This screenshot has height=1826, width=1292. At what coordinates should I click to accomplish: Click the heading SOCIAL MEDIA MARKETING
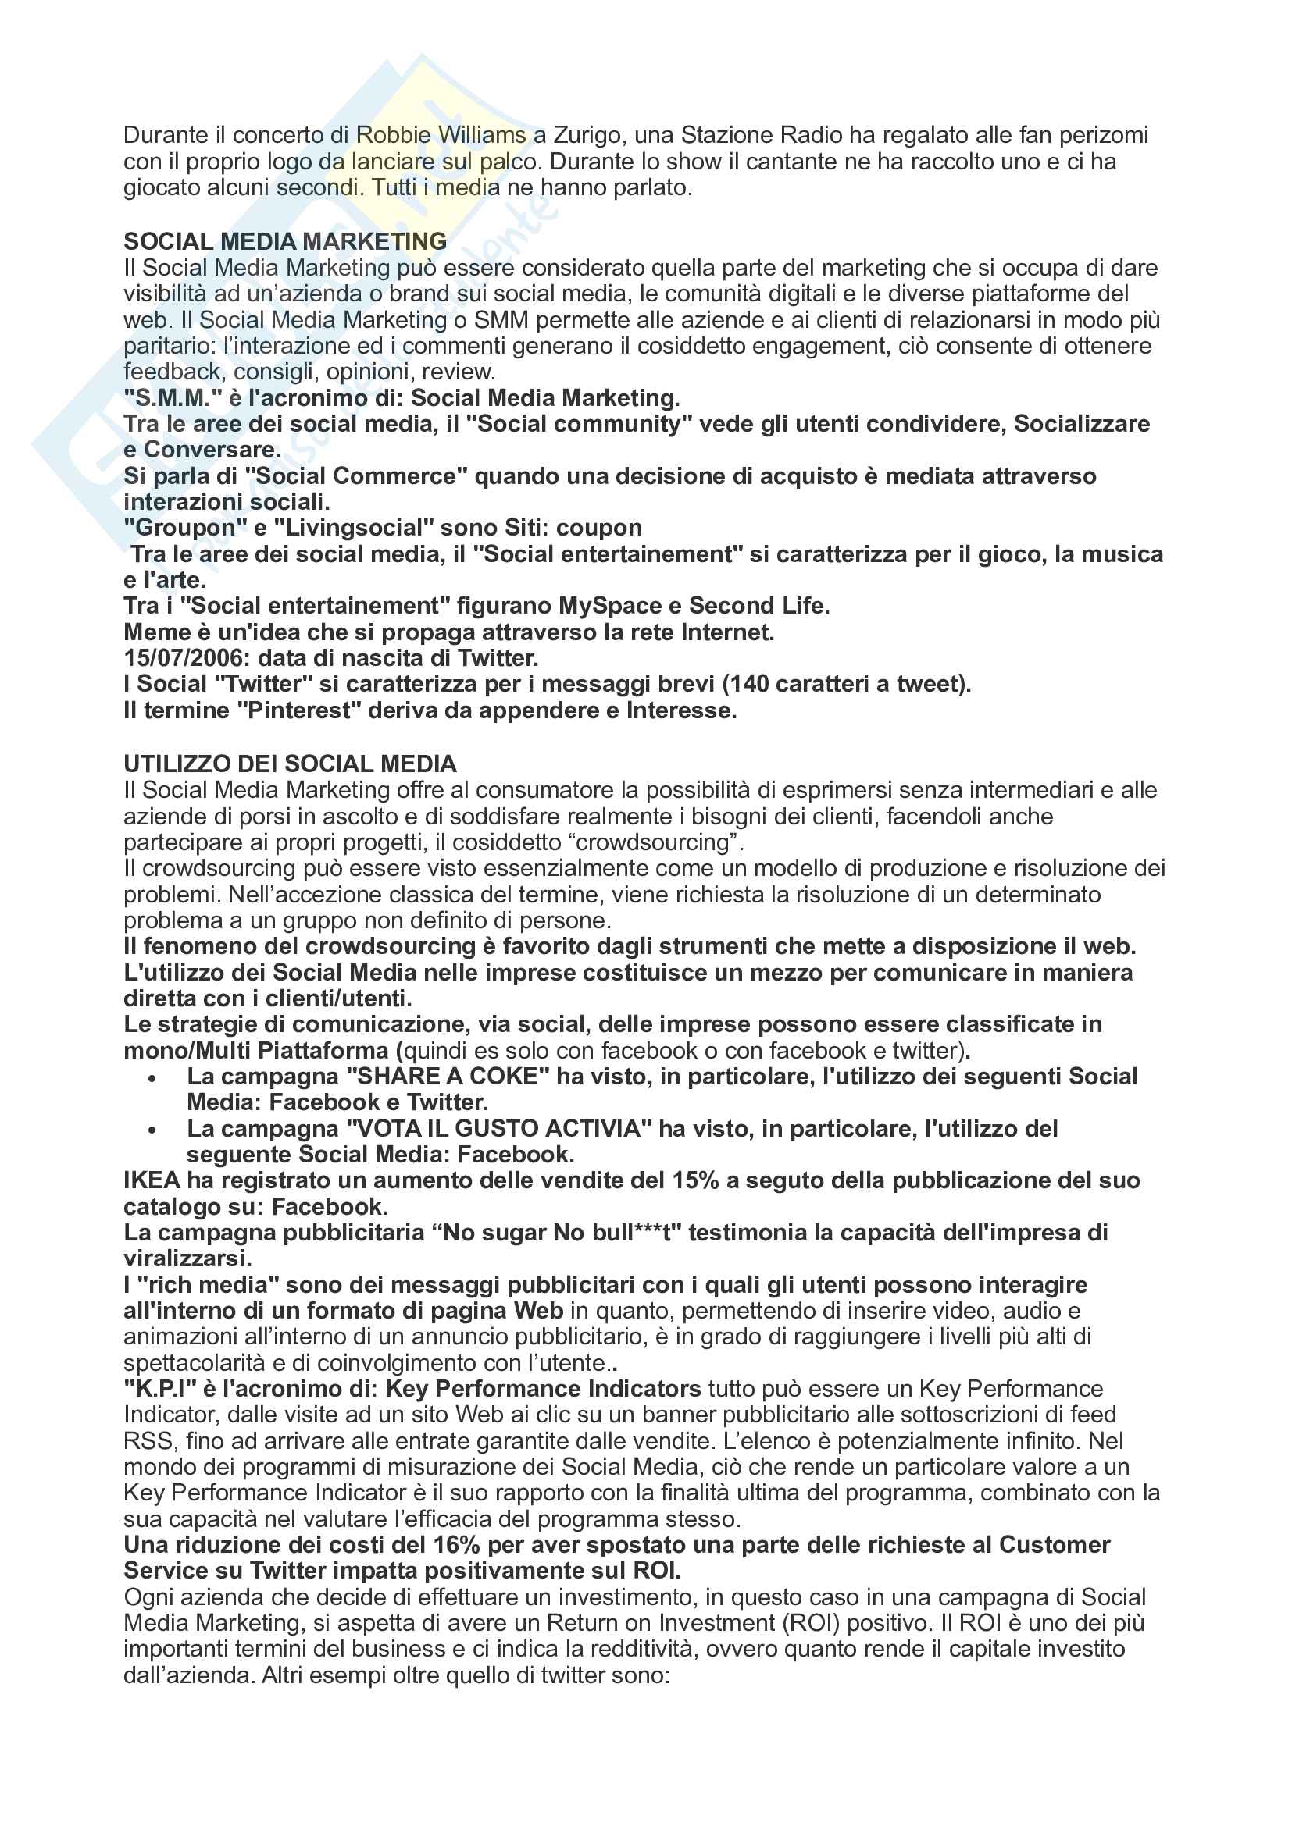pos(285,241)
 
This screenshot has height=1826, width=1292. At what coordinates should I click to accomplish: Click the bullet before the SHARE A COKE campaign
pos(152,1078)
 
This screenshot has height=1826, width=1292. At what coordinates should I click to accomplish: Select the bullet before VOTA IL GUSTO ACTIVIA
pos(152,1131)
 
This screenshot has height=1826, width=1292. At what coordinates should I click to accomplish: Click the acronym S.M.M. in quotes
pos(168,397)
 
